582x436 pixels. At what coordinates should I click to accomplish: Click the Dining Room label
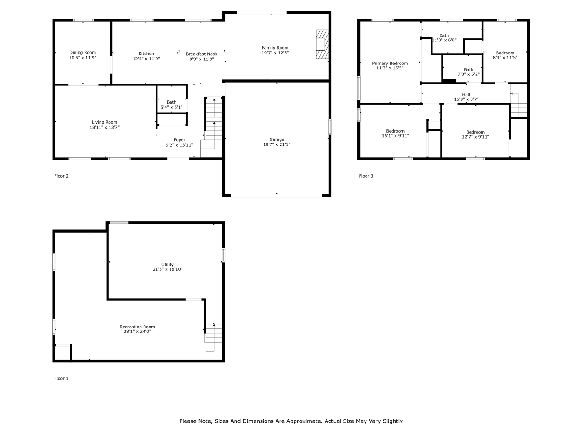[83, 53]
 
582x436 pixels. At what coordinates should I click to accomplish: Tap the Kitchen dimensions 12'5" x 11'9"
[146, 59]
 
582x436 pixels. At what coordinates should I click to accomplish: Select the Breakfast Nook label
[201, 54]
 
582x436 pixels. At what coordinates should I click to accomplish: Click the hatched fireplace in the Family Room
[322, 44]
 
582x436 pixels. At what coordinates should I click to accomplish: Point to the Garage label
[277, 139]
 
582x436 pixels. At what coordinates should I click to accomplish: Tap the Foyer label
[179, 140]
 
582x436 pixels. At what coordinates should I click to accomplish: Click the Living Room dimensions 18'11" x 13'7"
[105, 127]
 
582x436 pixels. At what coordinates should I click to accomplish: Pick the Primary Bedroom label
[390, 64]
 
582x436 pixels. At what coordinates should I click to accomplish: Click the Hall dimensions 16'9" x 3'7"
[466, 99]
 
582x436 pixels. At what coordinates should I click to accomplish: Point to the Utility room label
[168, 265]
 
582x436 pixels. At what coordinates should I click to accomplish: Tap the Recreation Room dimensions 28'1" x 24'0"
[137, 332]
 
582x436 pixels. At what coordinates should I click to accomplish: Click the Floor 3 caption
[366, 176]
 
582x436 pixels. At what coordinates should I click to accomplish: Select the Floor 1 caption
[61, 379]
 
